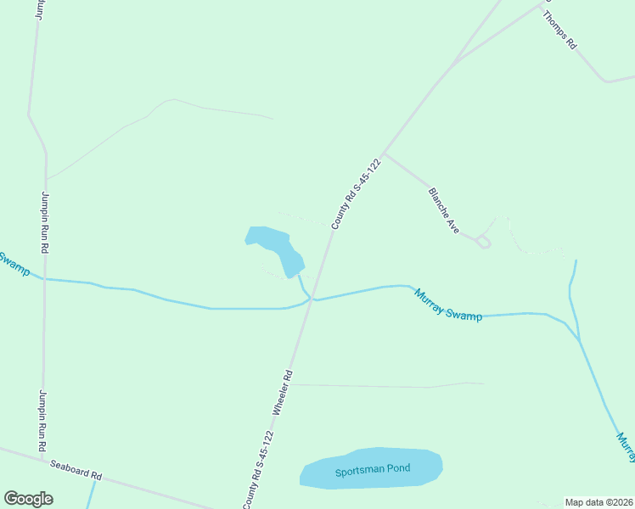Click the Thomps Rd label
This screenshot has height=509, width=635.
click(x=559, y=31)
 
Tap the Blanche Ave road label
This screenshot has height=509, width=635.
click(x=444, y=210)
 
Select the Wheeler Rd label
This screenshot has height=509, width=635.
click(x=283, y=391)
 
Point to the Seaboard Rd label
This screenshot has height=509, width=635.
click(x=75, y=470)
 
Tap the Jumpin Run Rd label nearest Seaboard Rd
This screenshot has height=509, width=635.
click(x=42, y=421)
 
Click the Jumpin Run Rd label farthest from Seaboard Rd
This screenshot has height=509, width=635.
click(x=44, y=221)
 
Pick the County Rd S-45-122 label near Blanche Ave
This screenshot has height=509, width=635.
click(x=355, y=193)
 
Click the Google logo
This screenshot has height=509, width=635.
click(x=28, y=499)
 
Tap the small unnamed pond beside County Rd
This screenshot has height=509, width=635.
click(x=275, y=249)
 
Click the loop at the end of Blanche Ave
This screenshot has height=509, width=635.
click(x=484, y=243)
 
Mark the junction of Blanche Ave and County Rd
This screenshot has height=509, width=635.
click(x=384, y=154)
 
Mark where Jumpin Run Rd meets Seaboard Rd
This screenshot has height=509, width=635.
click(x=42, y=459)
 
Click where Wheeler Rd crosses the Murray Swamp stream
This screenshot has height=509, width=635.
click(x=312, y=298)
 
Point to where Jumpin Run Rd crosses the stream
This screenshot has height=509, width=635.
click(x=44, y=278)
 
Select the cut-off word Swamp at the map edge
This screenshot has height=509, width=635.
click(x=14, y=265)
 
